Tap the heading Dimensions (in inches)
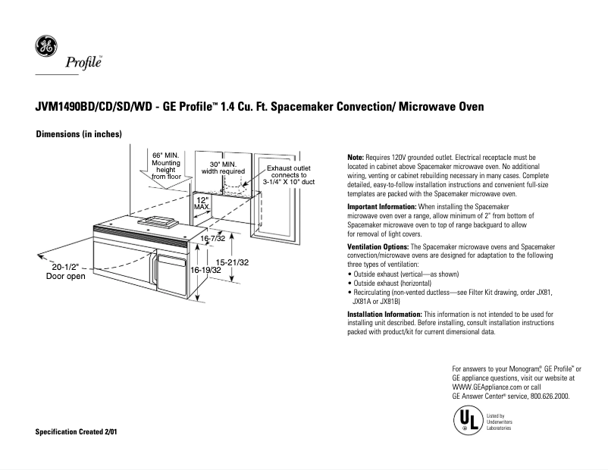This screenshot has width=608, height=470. tap(79, 135)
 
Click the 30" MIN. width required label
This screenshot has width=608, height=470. tap(222, 168)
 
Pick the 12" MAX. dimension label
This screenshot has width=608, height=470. tap(202, 202)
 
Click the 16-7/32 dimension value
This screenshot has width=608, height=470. tap(213, 239)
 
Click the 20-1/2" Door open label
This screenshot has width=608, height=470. tap(65, 271)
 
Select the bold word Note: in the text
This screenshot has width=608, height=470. tap(356, 157)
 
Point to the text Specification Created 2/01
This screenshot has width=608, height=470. tap(77, 431)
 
